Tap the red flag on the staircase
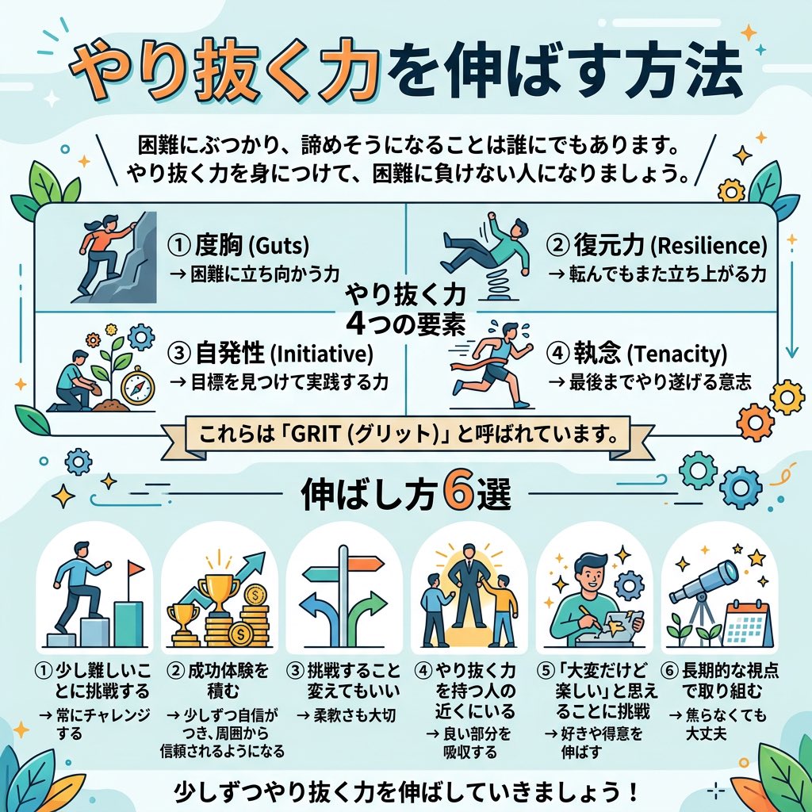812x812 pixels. pos(136,569)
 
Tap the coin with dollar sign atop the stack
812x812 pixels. pos(258,596)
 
